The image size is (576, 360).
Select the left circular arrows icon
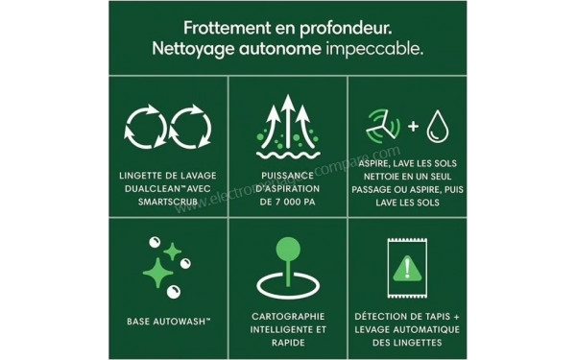[147, 131]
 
